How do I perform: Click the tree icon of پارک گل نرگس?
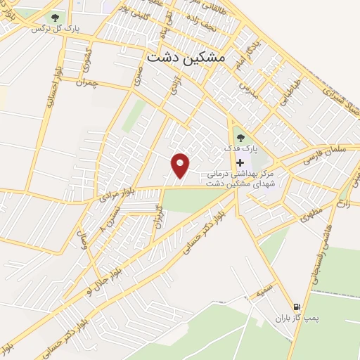pos(56,17)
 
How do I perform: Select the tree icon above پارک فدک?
pos(240,138)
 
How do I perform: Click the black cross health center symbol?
pos(240,162)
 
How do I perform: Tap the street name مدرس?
pos(246,89)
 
